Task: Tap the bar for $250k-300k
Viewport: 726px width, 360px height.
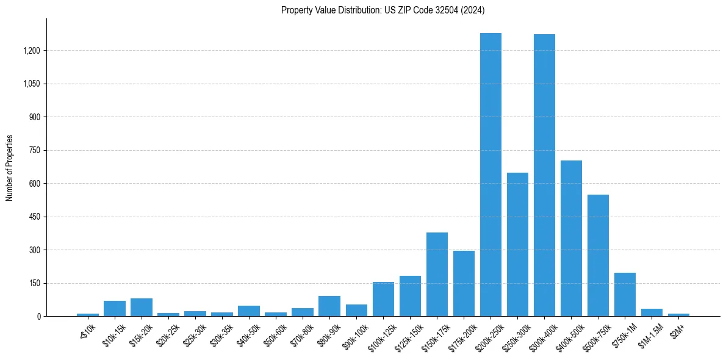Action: click(517, 244)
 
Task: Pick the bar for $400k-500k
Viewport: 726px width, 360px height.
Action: click(571, 238)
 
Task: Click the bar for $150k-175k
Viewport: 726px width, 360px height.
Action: click(437, 274)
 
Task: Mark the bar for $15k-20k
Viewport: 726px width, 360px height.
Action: click(141, 307)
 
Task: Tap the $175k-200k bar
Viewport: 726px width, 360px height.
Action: click(464, 283)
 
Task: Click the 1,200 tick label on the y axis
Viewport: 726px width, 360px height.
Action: click(31, 51)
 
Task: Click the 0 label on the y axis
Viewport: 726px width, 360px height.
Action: click(38, 317)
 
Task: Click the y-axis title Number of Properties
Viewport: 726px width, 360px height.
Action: click(10, 168)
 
